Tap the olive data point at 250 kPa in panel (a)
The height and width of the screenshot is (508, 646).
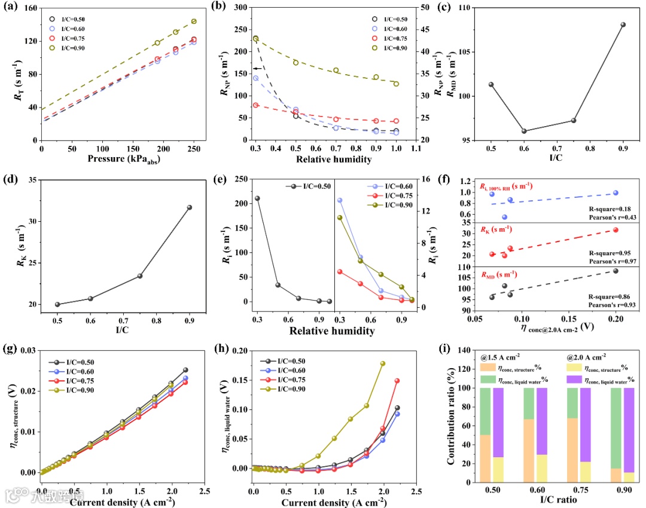pos(194,22)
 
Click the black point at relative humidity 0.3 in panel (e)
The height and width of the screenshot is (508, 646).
pos(257,198)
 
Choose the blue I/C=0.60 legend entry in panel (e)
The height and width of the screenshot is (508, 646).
pos(383,186)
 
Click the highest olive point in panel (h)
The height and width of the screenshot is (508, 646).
pos(382,363)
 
